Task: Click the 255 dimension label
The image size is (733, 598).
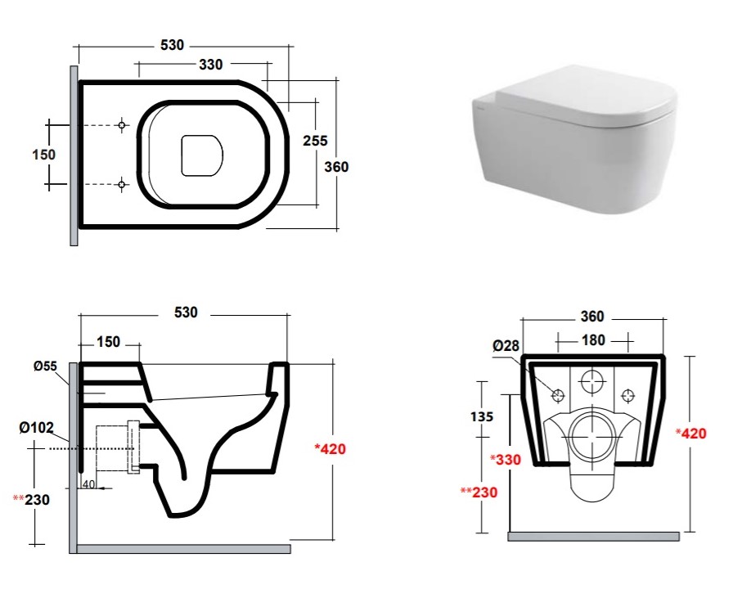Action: (x=315, y=140)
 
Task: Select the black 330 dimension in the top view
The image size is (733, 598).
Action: (x=211, y=65)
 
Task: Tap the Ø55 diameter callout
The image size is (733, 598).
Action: (x=45, y=366)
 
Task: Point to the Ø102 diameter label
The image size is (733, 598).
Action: (x=37, y=427)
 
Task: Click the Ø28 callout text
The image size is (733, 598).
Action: (x=506, y=345)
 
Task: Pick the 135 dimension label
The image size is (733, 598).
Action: (x=482, y=416)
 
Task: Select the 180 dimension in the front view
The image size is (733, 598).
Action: (x=593, y=340)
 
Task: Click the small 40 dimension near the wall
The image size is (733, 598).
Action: (x=88, y=484)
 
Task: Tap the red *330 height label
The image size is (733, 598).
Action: (x=506, y=460)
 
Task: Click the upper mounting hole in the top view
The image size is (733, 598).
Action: (x=122, y=125)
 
